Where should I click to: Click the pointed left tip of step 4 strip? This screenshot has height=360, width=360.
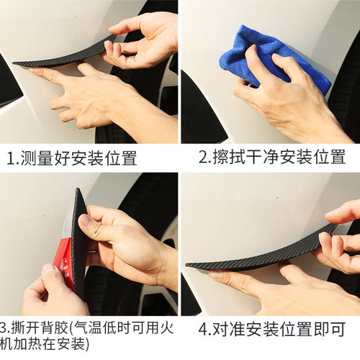coord(189,266)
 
